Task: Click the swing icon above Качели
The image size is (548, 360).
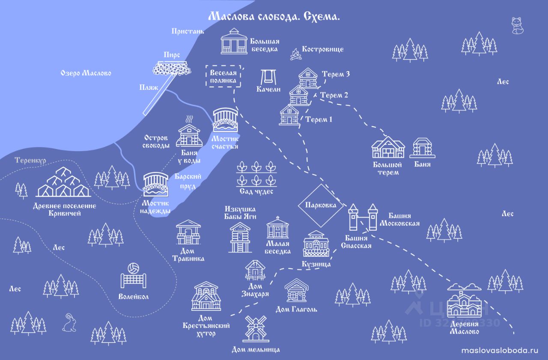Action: click(x=268, y=77)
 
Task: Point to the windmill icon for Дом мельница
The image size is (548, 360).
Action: click(x=256, y=329)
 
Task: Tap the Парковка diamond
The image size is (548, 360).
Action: click(x=321, y=205)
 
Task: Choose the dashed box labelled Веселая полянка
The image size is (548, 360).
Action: click(x=223, y=77)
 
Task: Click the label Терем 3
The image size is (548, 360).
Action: click(x=336, y=74)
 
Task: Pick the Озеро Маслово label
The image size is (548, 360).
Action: click(x=86, y=73)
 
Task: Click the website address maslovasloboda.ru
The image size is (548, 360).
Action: click(x=499, y=350)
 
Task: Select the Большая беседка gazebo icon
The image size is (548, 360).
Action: click(x=234, y=42)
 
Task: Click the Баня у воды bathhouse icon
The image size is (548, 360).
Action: click(x=188, y=133)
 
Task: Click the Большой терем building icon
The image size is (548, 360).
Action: click(x=388, y=148)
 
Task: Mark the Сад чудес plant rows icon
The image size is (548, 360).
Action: click(x=256, y=173)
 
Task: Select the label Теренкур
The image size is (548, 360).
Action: click(x=30, y=161)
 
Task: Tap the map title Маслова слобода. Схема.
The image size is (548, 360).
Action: click(x=274, y=17)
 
